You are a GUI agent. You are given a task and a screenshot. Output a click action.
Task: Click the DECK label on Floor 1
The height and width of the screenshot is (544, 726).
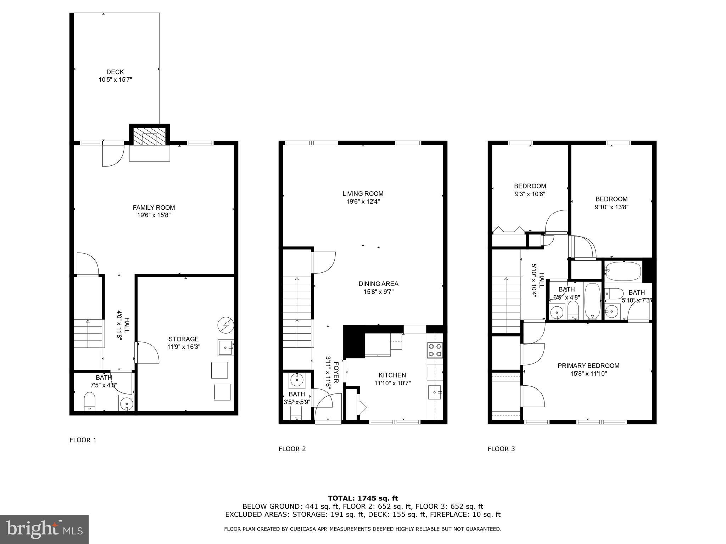pos(115,72)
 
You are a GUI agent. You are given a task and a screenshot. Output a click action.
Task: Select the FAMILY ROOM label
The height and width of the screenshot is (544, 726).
pos(153,208)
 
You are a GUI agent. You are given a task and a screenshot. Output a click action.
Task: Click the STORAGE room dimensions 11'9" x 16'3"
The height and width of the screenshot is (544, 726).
pos(184,347)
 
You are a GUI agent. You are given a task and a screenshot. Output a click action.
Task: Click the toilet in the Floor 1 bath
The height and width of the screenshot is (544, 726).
pos(90,401)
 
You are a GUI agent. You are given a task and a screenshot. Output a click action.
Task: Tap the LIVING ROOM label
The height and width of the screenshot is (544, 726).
pos(363,193)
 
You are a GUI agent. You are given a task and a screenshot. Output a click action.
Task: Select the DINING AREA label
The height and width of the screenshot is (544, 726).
pos(378,284)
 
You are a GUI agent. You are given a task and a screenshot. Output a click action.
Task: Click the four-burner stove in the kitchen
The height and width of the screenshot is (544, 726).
pos(435,349)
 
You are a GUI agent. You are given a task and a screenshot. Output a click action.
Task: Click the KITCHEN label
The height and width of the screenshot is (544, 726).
pos(392,375)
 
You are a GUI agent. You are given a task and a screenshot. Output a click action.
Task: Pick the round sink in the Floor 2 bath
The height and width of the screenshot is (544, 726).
pos(297,380)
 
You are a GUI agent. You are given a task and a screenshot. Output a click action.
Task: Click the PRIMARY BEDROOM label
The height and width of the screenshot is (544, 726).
pos(588,365)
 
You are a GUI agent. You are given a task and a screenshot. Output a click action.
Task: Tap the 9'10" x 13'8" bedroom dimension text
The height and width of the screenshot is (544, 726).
pos(611,207)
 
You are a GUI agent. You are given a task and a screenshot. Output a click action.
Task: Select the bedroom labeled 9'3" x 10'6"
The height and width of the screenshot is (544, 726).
pos(530,190)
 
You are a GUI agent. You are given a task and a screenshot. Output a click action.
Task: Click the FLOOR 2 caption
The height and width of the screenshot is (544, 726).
pos(292,449)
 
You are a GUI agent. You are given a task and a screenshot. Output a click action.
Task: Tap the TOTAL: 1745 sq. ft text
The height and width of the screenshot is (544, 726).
pos(363,498)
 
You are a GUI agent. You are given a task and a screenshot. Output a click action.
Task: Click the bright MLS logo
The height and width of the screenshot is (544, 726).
pos(44,529)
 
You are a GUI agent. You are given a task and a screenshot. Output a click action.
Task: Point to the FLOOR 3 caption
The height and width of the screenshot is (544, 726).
pos(501,449)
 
